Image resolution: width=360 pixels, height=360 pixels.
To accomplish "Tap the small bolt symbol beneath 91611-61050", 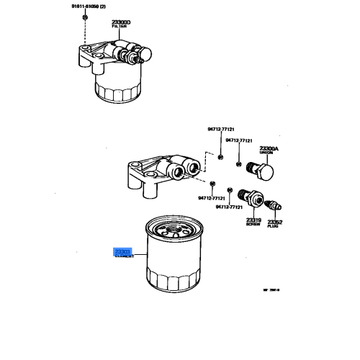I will click(x=85, y=17).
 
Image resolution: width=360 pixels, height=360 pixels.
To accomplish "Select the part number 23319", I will click(x=253, y=220).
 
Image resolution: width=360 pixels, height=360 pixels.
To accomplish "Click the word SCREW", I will click(x=253, y=225).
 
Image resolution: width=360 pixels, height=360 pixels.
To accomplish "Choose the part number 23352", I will click(x=275, y=220).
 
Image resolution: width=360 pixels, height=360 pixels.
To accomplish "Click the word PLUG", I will click(x=275, y=225).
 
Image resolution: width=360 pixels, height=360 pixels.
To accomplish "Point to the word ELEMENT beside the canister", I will click(x=118, y=256).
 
